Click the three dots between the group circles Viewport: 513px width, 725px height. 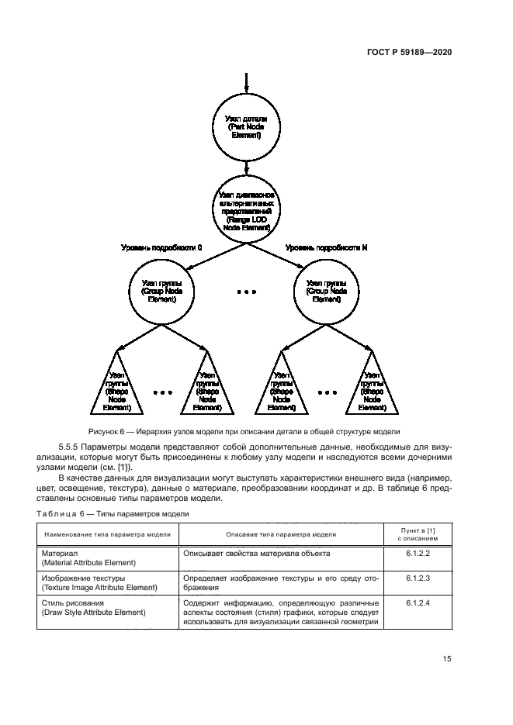click(245, 293)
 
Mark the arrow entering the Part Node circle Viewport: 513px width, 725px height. click(246, 81)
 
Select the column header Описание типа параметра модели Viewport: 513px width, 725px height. click(280, 534)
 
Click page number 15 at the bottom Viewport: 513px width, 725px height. click(447, 659)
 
